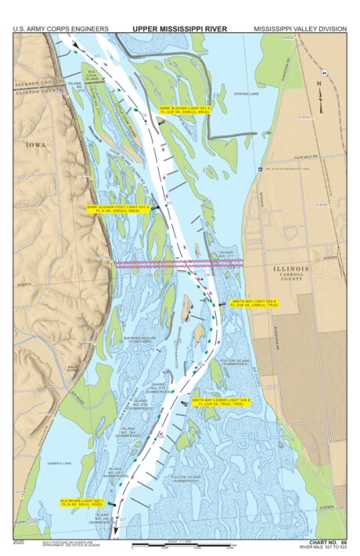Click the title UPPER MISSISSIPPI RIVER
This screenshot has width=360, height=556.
point(179,29)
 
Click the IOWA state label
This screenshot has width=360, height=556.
point(35,145)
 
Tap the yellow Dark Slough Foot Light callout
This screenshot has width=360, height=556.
point(117,209)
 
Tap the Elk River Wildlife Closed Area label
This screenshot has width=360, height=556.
point(139,339)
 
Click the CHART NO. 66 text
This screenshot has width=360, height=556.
point(328,541)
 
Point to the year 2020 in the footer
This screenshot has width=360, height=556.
point(20,541)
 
